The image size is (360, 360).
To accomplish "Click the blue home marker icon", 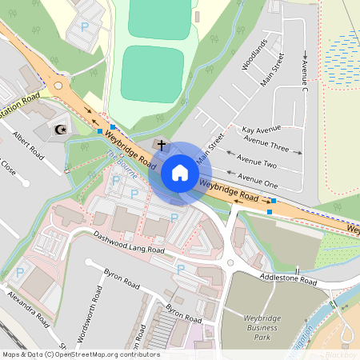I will coord(180,173).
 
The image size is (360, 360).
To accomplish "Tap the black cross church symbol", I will coord(162,146).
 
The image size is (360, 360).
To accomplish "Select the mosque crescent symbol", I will coord(57,128).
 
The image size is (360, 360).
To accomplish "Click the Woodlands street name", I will coord(252,54).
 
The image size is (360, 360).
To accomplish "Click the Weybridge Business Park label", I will coord(265,327).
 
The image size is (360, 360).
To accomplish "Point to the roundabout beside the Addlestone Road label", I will coord(230,259).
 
